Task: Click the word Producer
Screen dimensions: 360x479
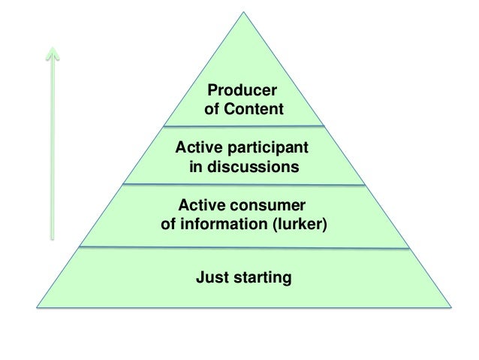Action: pyautogui.click(x=243, y=91)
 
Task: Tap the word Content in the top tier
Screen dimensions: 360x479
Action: pyautogui.click(x=255, y=110)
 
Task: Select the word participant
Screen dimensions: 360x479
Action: pyautogui.click(x=267, y=147)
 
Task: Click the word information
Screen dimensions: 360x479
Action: pyautogui.click(x=225, y=224)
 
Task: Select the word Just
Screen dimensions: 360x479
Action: pyautogui.click(x=212, y=277)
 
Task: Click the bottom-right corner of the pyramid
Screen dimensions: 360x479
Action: pyautogui.click(x=451, y=306)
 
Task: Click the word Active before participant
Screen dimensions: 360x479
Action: pyautogui.click(x=197, y=147)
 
